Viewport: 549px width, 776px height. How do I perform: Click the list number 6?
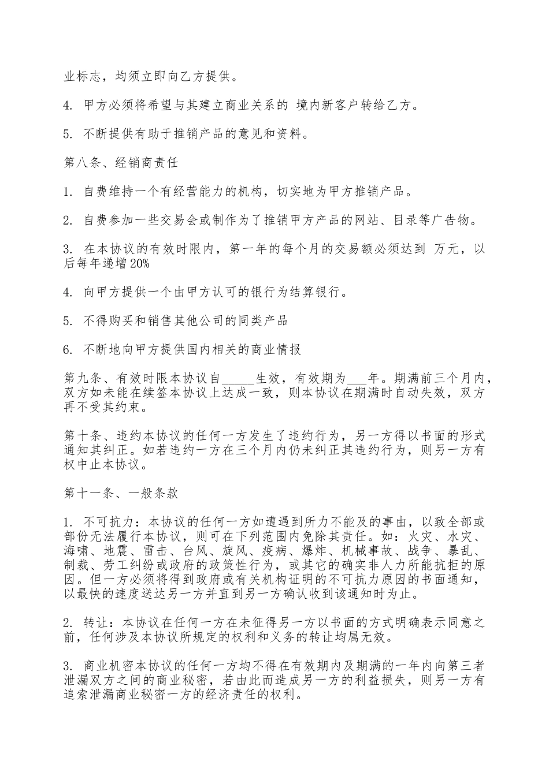point(67,349)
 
